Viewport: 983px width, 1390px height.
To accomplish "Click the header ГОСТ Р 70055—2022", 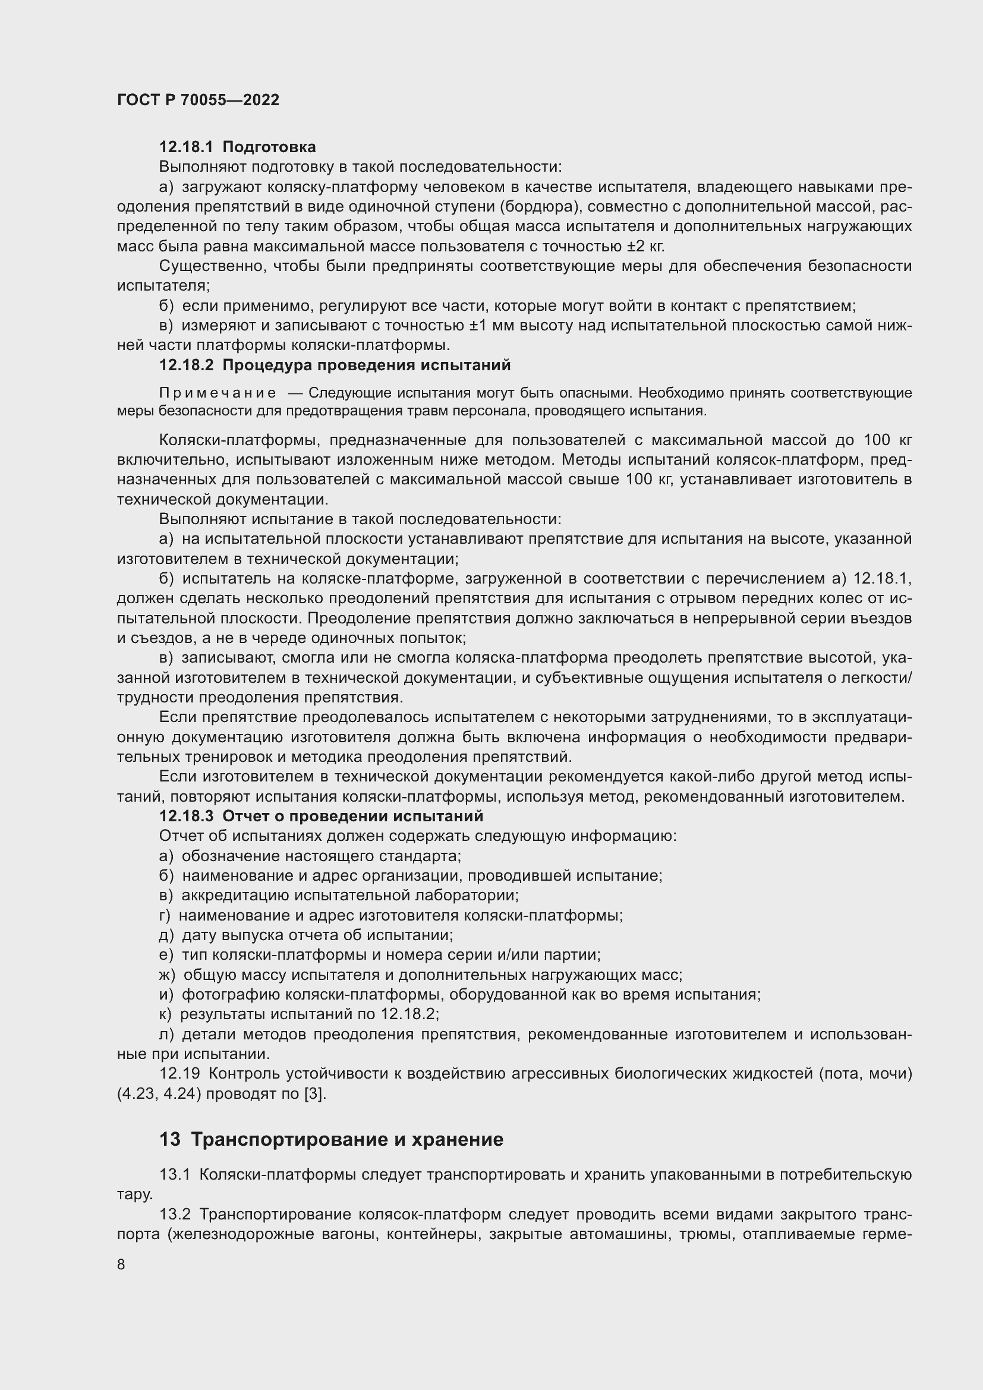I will tap(198, 100).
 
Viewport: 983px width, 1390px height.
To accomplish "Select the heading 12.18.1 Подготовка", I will tap(237, 147).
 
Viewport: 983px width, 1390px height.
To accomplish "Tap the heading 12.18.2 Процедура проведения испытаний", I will tap(334, 365).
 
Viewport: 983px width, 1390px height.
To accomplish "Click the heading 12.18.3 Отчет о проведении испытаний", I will tap(321, 816).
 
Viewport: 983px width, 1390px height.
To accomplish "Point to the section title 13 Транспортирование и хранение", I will tap(331, 1139).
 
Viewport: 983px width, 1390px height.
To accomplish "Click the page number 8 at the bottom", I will tap(121, 1265).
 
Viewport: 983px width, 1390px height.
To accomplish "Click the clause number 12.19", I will tap(179, 1073).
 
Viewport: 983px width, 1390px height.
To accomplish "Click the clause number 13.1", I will tap(174, 1175).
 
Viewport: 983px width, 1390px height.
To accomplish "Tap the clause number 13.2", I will tap(175, 1215).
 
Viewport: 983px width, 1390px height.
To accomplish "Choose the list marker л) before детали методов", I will tap(166, 1034).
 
